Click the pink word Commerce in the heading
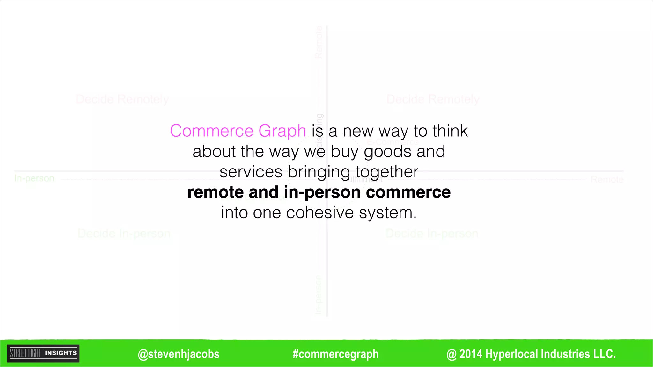pos(211,131)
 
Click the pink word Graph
pos(282,131)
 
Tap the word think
pos(450,131)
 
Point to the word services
pos(251,172)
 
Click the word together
pos(386,172)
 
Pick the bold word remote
pos(216,192)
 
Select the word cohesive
pos(320,212)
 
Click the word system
pos(387,212)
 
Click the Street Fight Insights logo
pos(43,353)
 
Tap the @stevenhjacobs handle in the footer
pos(179,354)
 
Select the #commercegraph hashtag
pos(335,354)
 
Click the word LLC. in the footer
pos(604,354)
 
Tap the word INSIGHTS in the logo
pos(61,353)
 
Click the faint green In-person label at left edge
pos(34,178)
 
